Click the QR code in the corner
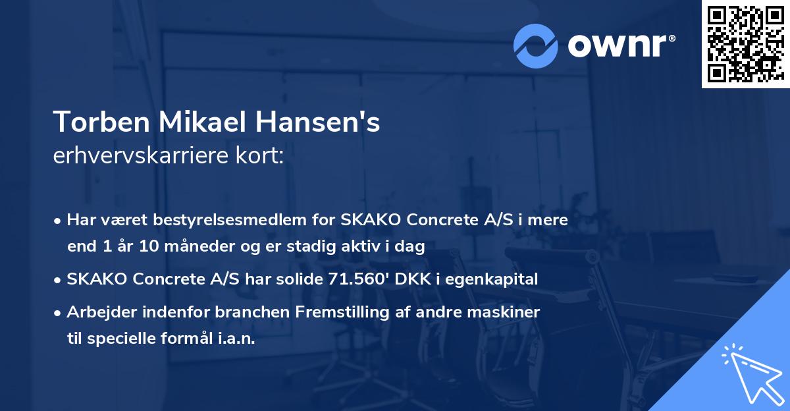pos(745,44)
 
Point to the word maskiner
pos(508,312)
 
